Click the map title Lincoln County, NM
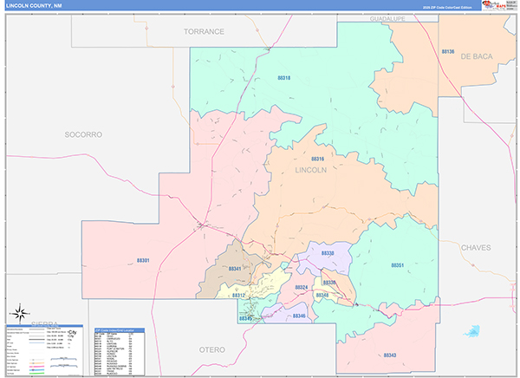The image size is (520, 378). point(36,5)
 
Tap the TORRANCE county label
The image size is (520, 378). point(204,31)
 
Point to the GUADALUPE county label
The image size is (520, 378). point(387,18)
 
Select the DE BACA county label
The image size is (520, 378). point(476,55)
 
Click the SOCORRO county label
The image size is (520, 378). point(83,134)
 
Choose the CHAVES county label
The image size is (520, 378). point(475,247)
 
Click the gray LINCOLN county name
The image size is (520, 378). point(311,170)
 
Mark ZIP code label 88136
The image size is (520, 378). point(448,52)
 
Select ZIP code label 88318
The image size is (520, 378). point(283,79)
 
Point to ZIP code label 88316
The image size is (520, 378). point(317,160)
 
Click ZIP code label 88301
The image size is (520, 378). point(143,260)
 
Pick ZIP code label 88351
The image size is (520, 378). point(398,265)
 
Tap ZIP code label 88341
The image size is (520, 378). point(235,269)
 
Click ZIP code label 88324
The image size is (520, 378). point(302,287)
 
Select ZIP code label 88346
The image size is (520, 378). point(299,316)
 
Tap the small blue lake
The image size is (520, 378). point(471,330)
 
